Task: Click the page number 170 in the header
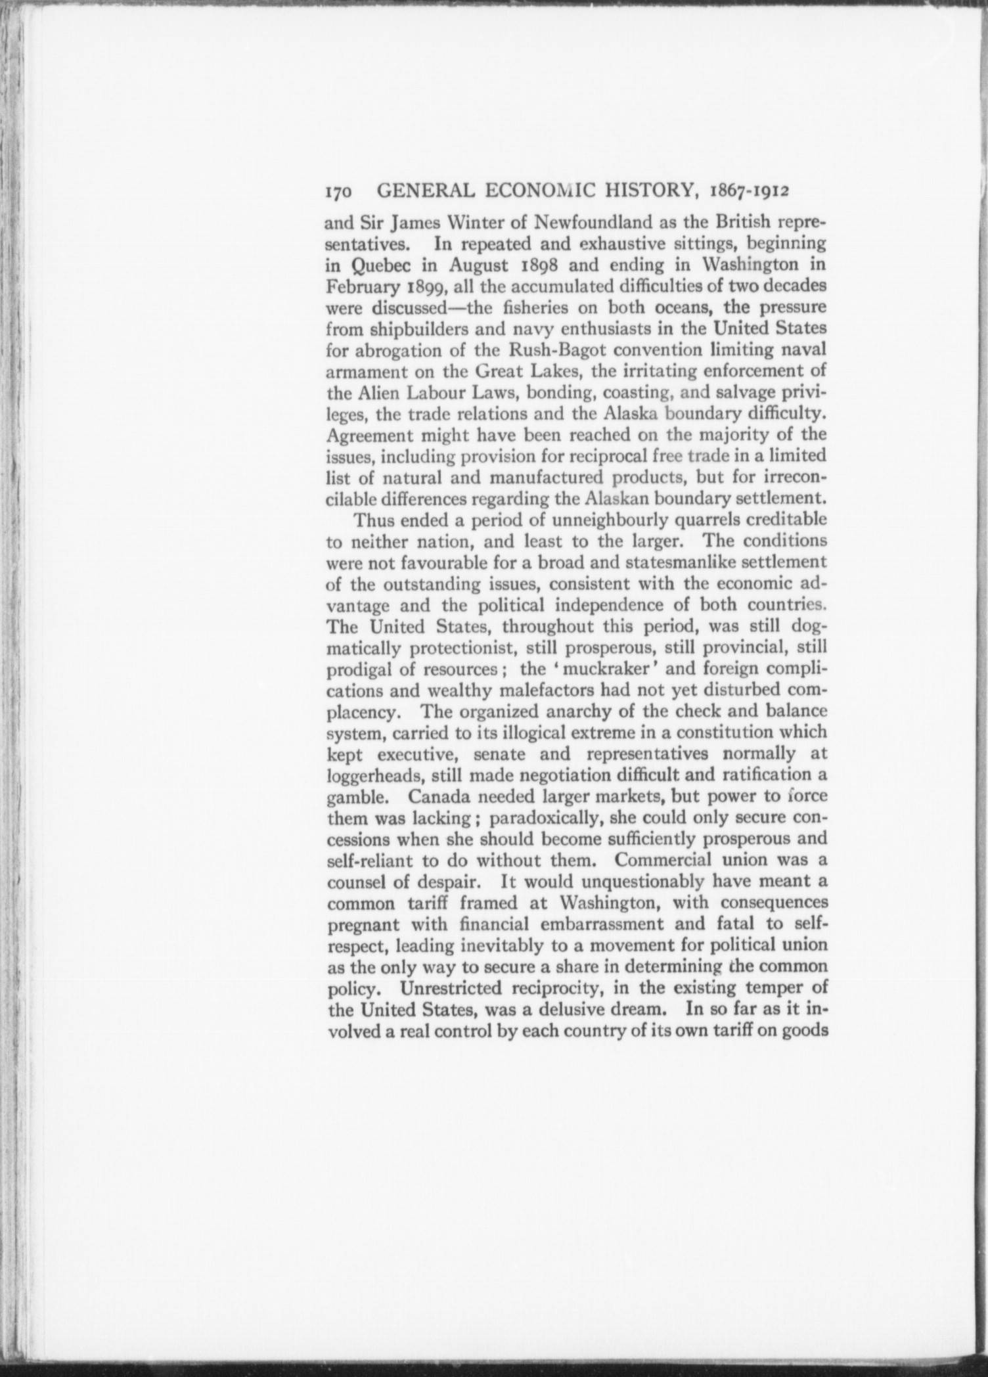pyautogui.click(x=340, y=192)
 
